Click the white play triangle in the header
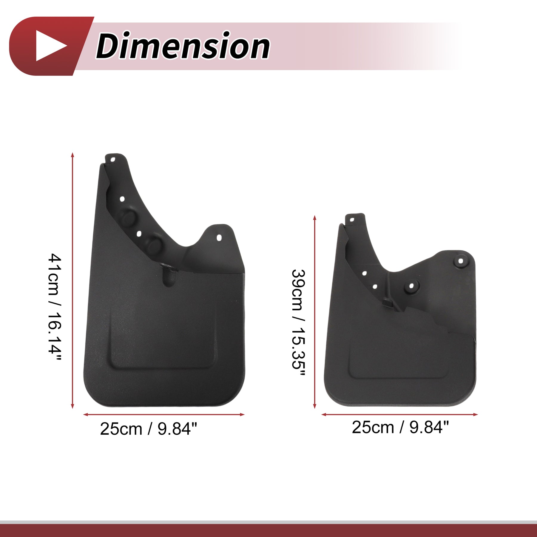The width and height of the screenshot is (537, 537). [x=49, y=46]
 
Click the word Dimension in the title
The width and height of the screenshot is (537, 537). [x=183, y=46]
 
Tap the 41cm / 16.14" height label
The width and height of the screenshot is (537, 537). [x=55, y=307]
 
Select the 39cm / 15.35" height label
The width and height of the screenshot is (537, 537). [x=298, y=323]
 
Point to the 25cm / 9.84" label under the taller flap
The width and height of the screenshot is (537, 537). [x=149, y=429]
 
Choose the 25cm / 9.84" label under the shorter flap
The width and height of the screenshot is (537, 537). [x=400, y=427]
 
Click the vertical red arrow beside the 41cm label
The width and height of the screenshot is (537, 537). [x=72, y=280]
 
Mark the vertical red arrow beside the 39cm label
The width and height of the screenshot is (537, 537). [x=315, y=312]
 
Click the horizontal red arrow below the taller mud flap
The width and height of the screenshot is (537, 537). [x=164, y=414]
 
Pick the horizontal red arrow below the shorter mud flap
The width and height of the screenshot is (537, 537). [x=399, y=414]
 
